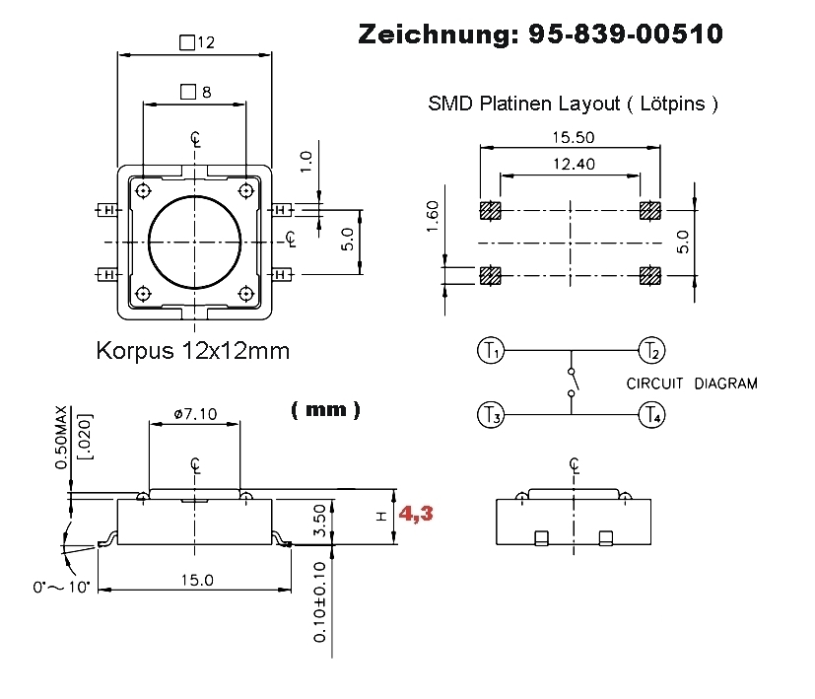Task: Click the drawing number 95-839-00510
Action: [x=625, y=35]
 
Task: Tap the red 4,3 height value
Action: [x=415, y=514]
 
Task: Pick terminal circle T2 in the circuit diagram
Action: [x=651, y=350]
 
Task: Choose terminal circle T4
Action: [x=651, y=415]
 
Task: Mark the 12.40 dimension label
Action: [x=569, y=165]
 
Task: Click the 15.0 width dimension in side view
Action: [x=196, y=580]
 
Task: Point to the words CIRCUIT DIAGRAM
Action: [x=692, y=384]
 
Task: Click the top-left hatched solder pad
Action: [x=490, y=211]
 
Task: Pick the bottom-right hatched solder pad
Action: [x=650, y=275]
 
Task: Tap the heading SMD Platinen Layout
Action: [x=573, y=104]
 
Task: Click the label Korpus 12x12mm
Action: [x=193, y=350]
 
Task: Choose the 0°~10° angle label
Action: [x=61, y=587]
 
